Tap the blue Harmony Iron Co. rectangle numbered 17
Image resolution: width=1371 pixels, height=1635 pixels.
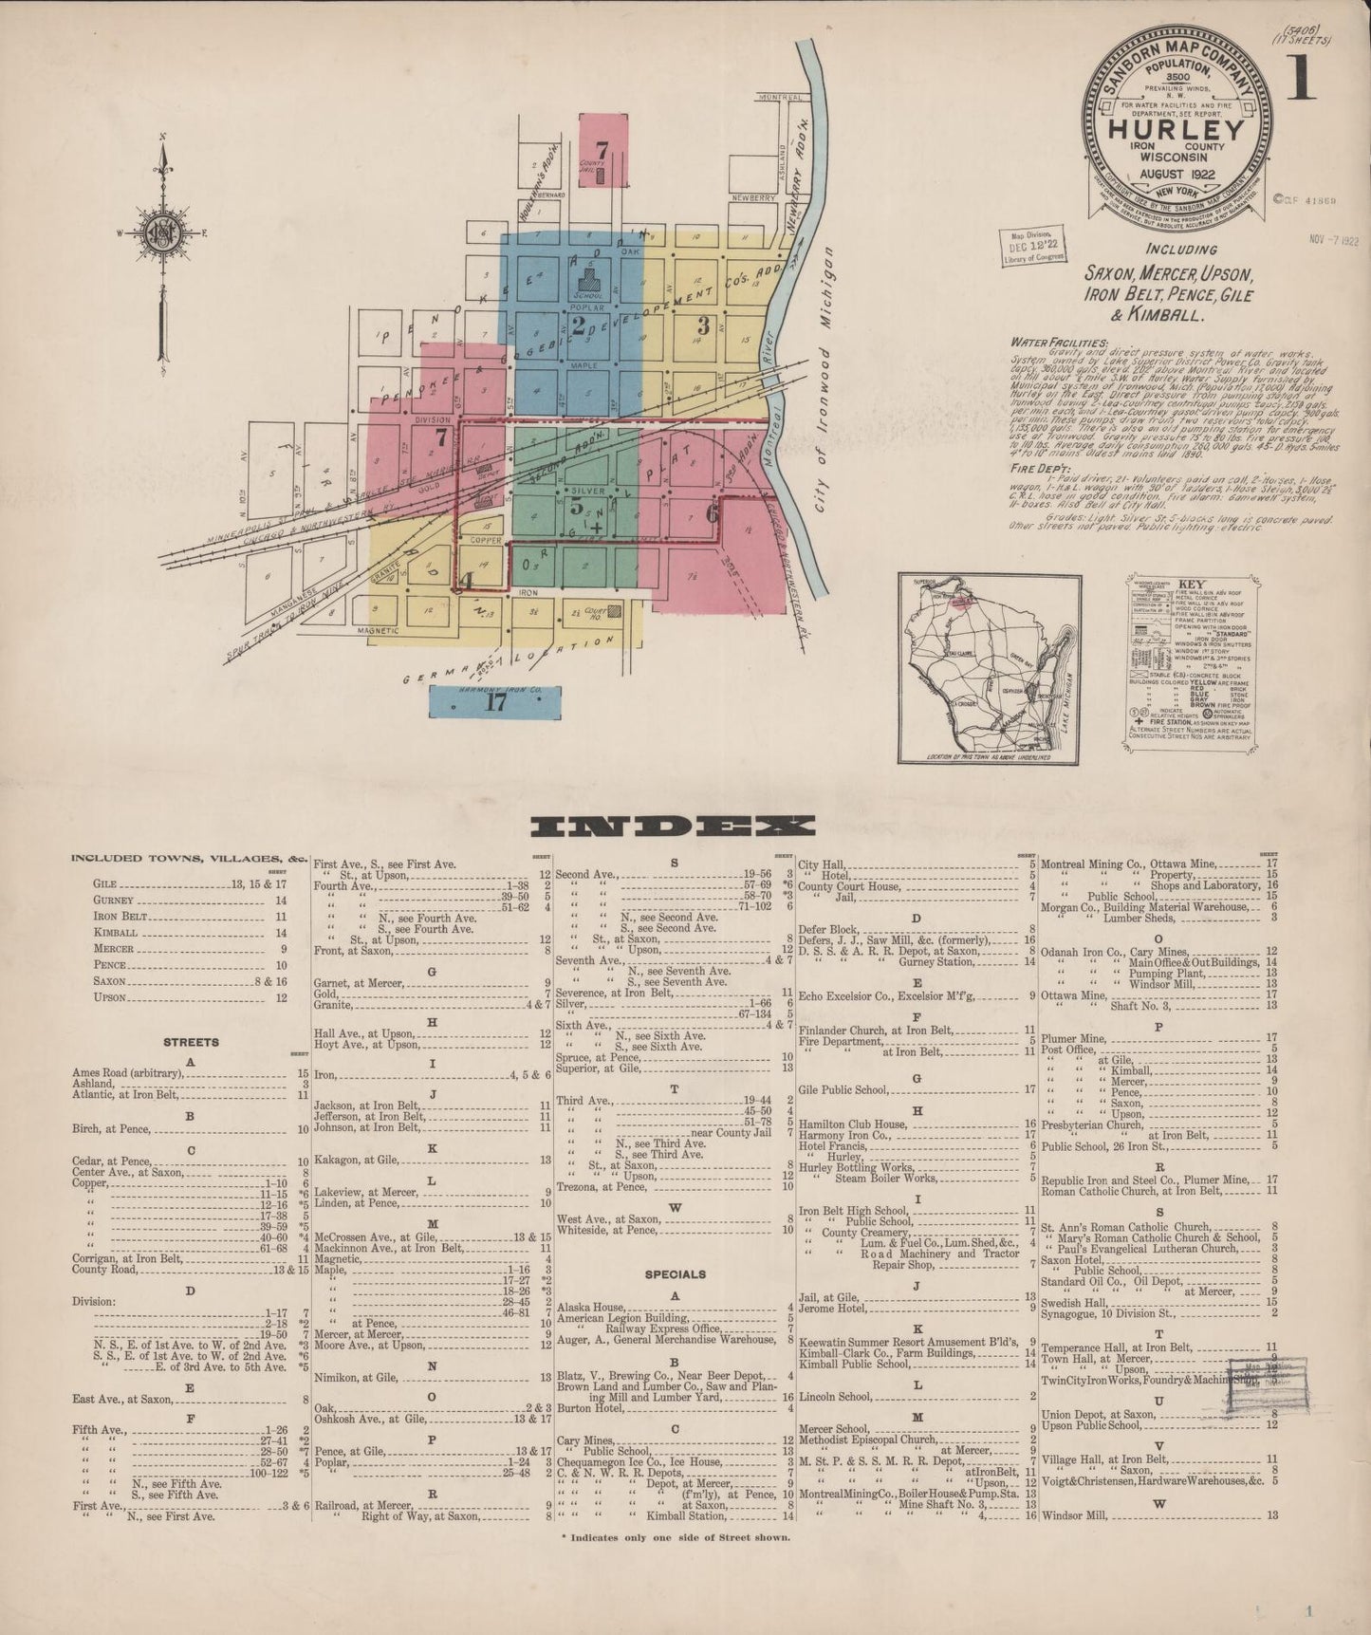click(494, 702)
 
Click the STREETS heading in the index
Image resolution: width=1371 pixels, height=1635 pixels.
click(191, 1042)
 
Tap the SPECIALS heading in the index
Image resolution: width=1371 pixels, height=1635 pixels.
click(675, 1273)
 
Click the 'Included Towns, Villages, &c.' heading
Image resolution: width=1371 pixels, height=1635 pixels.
click(190, 858)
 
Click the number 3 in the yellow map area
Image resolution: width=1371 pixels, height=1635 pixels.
click(703, 324)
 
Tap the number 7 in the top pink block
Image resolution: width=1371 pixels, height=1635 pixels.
click(602, 149)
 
